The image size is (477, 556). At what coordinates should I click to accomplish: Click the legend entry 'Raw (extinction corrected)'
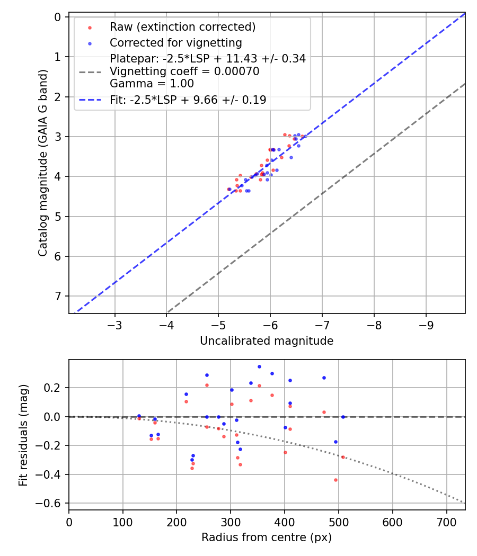(182, 26)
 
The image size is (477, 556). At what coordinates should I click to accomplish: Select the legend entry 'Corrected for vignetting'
(175, 42)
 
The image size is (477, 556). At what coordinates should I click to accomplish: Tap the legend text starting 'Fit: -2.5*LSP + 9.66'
(188, 100)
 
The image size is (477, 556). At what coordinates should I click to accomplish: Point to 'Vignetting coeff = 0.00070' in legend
(184, 71)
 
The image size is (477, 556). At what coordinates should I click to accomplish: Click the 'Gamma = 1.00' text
(152, 84)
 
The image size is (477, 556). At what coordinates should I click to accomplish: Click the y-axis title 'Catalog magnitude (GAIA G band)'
(43, 163)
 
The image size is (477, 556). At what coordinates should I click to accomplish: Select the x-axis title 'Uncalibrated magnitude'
(267, 341)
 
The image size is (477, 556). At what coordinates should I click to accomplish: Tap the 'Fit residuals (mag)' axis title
(23, 435)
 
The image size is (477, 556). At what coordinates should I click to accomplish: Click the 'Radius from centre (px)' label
(267, 537)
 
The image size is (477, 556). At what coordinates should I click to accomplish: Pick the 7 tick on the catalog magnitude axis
(58, 296)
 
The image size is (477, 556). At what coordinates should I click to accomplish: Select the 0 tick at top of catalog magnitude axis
(58, 17)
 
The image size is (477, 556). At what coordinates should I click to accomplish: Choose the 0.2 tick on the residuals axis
(54, 388)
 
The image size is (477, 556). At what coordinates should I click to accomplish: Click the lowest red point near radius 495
(335, 480)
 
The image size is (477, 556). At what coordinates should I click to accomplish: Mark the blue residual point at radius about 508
(343, 417)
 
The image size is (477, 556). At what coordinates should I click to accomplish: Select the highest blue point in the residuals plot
(259, 366)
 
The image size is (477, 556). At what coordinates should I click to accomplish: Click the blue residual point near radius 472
(324, 378)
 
